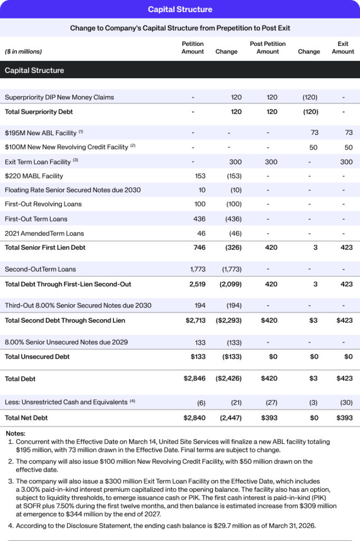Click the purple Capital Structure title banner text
180,10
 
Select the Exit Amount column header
343,48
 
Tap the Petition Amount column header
193,48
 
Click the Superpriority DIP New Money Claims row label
59,97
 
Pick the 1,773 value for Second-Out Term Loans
198,269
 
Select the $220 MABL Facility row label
34,176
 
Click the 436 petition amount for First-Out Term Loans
200,219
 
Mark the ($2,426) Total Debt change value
227,379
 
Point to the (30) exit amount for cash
346,403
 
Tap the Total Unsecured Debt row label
37,357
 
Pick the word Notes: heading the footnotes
16,433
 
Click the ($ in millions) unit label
23,52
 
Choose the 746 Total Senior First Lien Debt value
200,247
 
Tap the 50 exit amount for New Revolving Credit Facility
348,147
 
